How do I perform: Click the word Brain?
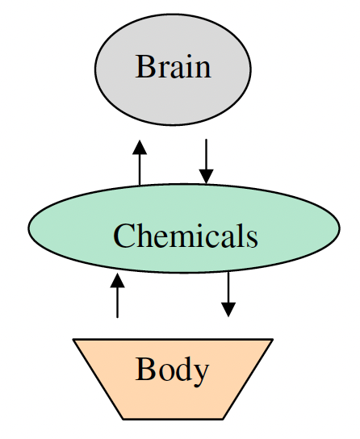(173, 66)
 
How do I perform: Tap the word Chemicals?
(185, 236)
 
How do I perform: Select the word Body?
(172, 370)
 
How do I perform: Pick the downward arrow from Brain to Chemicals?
(207, 161)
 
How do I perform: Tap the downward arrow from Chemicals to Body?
(228, 294)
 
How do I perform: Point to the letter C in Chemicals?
(123, 236)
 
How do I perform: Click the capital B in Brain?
(144, 66)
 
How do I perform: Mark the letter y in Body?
(202, 373)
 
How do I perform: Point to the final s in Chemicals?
(251, 238)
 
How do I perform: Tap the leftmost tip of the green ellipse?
(29, 228)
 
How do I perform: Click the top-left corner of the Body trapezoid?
(73, 339)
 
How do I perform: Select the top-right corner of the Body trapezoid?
(273, 339)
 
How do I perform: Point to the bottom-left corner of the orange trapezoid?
(123, 419)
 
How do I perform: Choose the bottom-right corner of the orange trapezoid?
(224, 419)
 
